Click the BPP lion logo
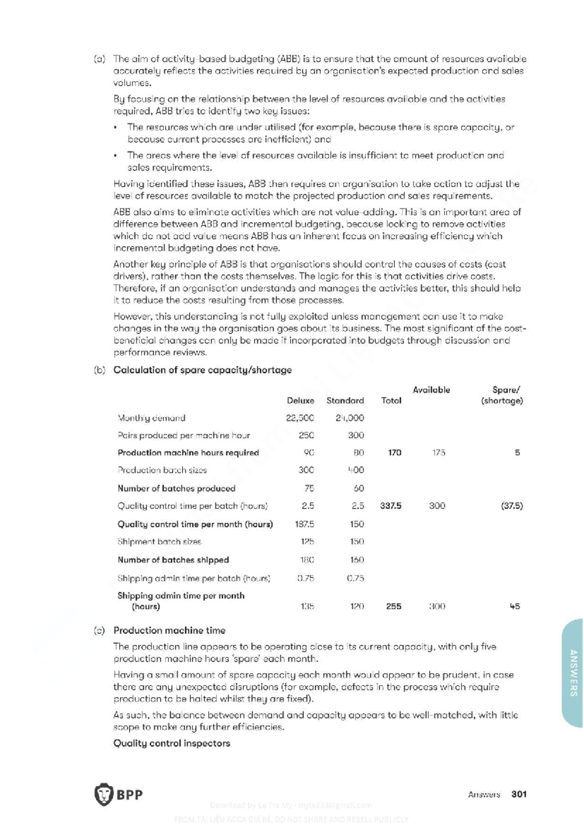(104, 794)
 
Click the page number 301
(519, 794)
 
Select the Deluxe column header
(300, 401)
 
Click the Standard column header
(345, 401)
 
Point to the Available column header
(431, 390)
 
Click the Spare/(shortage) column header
(503, 395)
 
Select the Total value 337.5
(390, 506)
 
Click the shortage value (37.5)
(511, 506)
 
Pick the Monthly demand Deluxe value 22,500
(300, 418)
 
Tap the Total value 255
(393, 607)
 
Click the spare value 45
(514, 607)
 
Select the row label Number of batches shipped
(173, 560)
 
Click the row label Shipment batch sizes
(159, 541)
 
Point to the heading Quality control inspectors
(171, 743)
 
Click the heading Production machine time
(169, 630)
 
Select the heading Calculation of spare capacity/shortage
(202, 370)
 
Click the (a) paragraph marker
(99, 59)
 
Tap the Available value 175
(438, 453)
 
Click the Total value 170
(394, 453)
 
